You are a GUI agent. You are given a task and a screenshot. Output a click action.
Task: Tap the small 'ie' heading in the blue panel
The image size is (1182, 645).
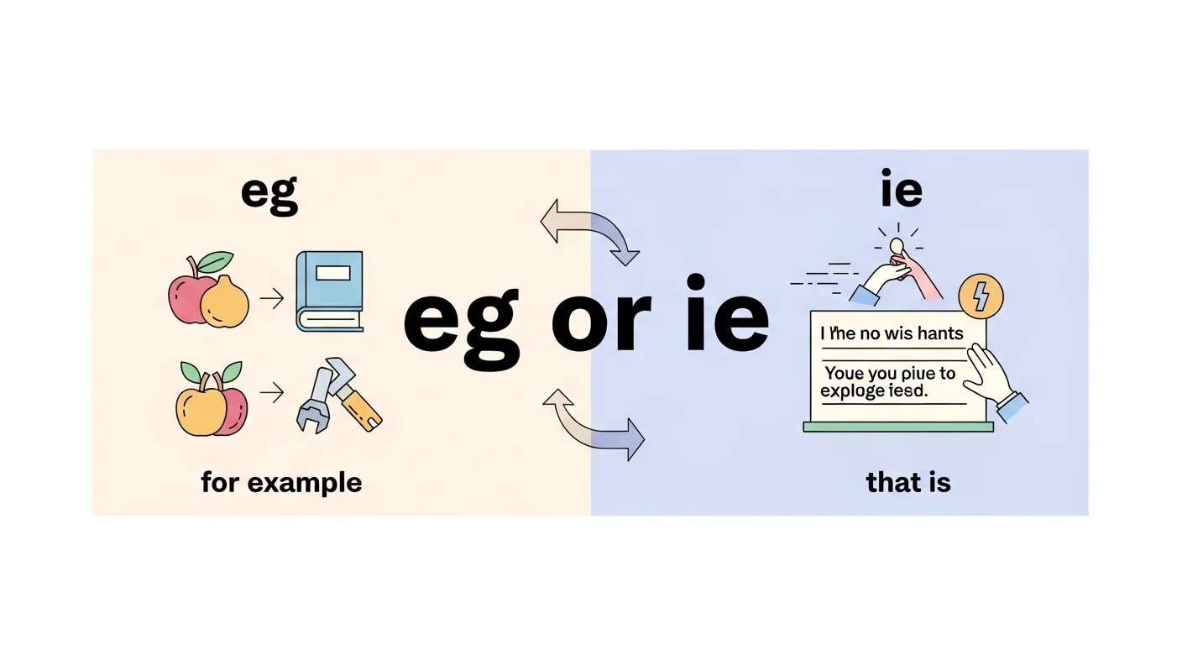(902, 191)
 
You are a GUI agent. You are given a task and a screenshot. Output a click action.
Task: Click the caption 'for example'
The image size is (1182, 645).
(281, 483)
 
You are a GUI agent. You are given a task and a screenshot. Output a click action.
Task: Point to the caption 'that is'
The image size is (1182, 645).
(908, 483)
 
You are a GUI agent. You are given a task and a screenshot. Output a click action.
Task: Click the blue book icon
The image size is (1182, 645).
(329, 291)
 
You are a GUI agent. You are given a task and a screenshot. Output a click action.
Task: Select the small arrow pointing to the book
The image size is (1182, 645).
(271, 299)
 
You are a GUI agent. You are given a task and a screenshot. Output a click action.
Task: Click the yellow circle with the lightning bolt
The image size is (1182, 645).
(981, 296)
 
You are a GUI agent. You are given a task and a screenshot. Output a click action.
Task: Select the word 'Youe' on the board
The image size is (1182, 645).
(845, 373)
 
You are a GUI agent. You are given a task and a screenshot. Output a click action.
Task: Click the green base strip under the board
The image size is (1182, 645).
(897, 427)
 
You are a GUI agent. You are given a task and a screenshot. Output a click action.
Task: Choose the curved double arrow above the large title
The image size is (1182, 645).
(588, 232)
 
